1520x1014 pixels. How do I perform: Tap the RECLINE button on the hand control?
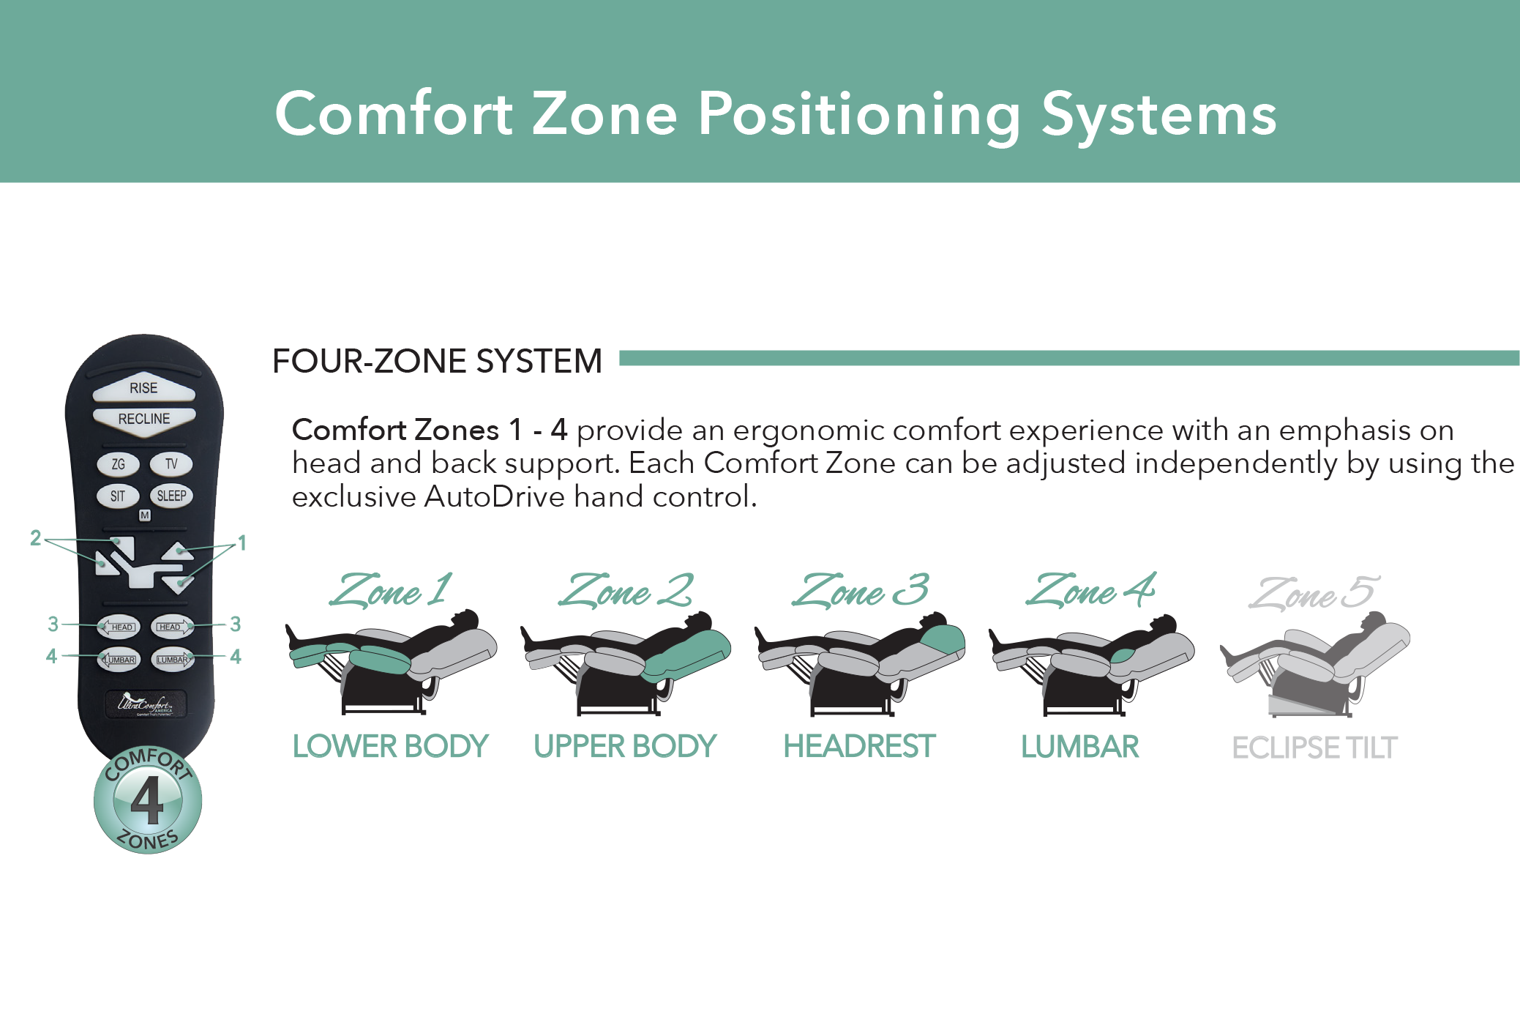pos(144,421)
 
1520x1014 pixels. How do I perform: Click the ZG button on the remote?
pos(119,464)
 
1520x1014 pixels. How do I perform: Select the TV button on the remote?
pos(171,464)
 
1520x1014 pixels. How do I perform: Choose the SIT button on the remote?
pos(118,496)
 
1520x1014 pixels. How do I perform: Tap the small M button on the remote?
pos(145,515)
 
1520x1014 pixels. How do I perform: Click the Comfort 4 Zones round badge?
pos(148,800)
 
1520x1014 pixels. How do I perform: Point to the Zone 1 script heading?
pos(390,590)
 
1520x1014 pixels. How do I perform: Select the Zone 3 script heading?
pos(860,590)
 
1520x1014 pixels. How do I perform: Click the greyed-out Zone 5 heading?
pos(1314,592)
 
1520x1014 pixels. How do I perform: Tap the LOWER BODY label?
pos(390,747)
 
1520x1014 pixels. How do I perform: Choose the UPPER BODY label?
pos(625,747)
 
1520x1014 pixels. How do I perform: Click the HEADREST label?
pos(859,747)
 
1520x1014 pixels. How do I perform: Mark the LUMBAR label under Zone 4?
pos(1080,747)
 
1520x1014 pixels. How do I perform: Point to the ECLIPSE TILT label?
pos(1315,748)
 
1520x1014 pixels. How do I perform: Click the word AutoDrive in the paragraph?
pos(494,496)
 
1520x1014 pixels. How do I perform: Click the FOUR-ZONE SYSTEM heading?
pos(437,361)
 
